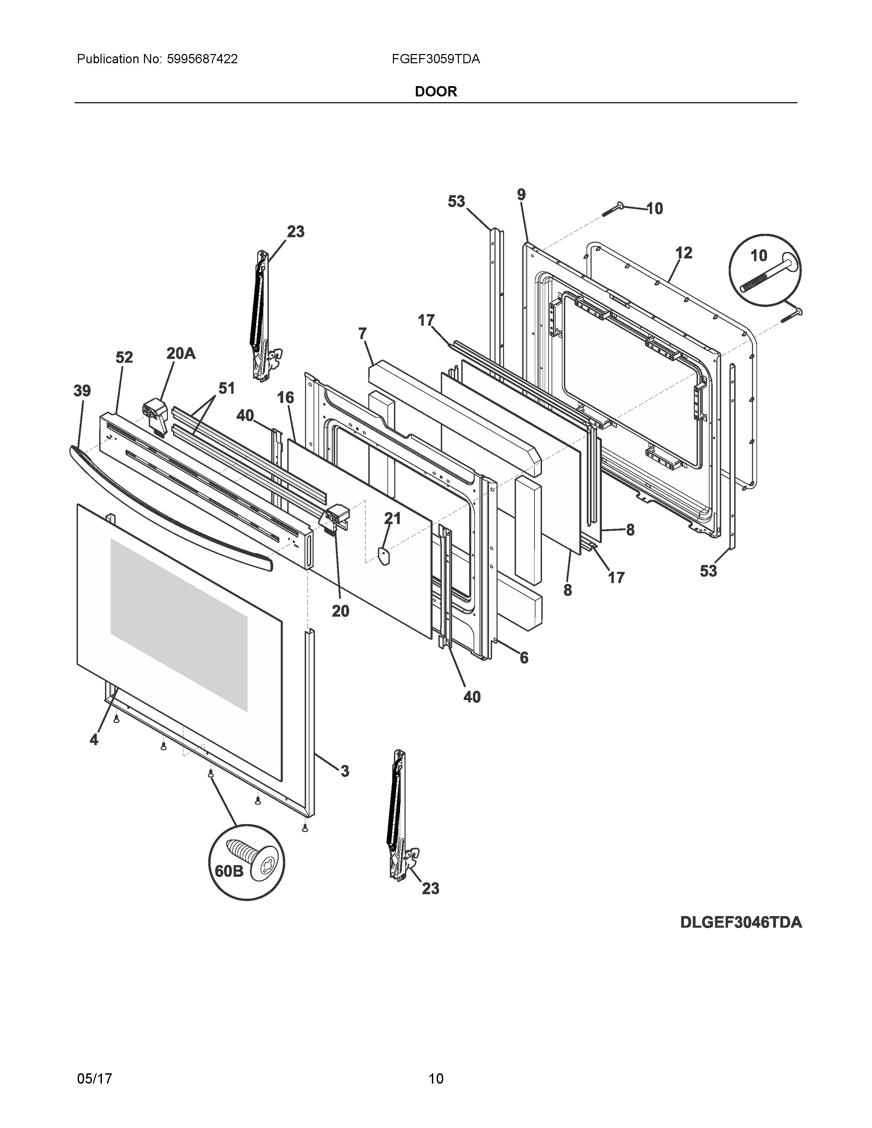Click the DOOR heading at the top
click(436, 91)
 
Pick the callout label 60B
click(229, 871)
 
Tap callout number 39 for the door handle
click(82, 391)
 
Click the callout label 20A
click(181, 354)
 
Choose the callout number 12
click(684, 253)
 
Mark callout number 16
click(285, 397)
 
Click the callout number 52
click(124, 358)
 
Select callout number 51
click(226, 388)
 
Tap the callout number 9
click(521, 195)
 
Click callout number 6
click(524, 657)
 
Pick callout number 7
click(362, 334)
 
